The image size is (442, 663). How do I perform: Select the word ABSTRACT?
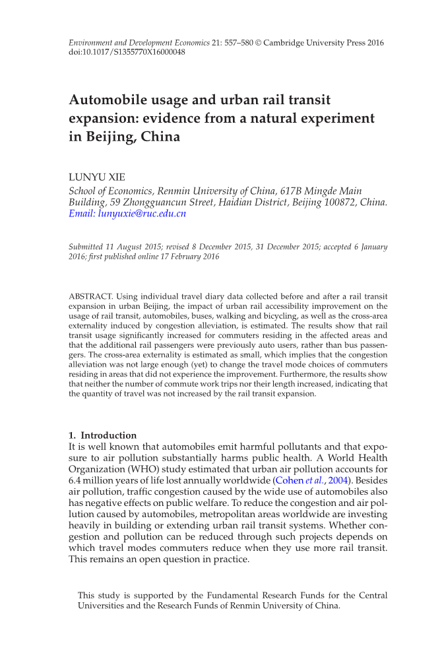[x=91, y=297]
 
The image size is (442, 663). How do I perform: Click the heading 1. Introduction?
[x=103, y=435]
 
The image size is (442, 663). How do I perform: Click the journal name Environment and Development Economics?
[x=138, y=42]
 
